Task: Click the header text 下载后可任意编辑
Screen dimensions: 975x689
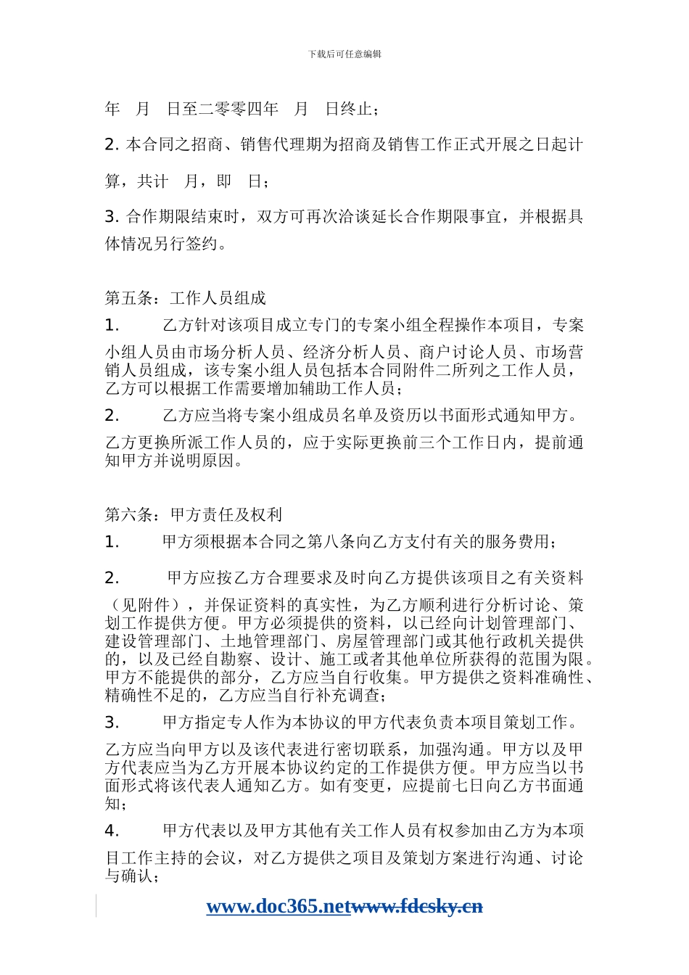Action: (x=344, y=54)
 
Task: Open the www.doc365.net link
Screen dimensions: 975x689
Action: (x=279, y=906)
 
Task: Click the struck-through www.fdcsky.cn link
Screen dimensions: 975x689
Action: (x=417, y=906)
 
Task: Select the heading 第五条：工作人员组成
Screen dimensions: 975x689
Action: (x=186, y=298)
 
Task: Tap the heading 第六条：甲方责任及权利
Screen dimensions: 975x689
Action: (x=194, y=515)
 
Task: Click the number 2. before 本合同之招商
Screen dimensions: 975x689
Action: (x=112, y=145)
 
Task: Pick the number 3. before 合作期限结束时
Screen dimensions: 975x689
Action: (x=112, y=217)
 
